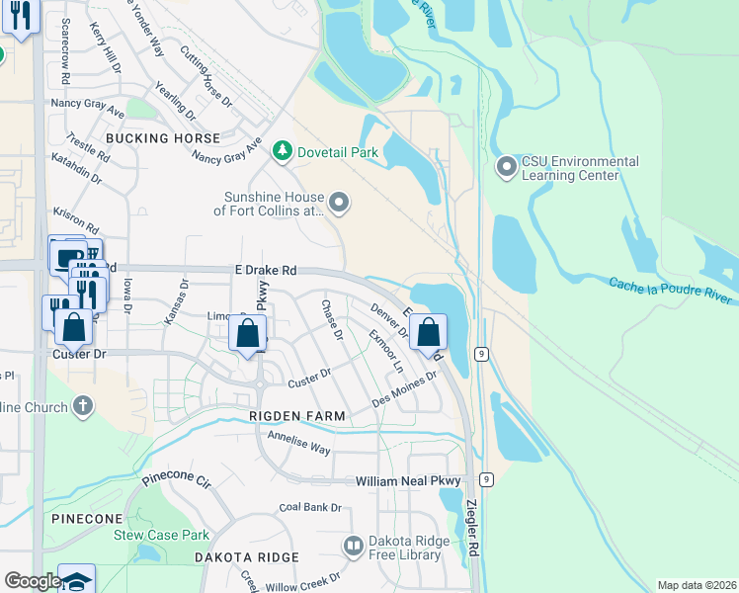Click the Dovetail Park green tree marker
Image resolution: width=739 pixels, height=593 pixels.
[284, 150]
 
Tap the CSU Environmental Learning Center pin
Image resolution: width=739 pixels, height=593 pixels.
[507, 167]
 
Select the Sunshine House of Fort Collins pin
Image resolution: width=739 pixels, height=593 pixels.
[339, 204]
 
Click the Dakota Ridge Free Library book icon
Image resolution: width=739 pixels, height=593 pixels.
[353, 546]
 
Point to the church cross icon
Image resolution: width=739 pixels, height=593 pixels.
[83, 406]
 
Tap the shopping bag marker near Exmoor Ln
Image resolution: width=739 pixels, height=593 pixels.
[428, 334]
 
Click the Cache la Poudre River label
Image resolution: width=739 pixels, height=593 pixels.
[671, 285]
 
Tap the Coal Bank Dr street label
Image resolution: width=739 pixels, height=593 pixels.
[309, 507]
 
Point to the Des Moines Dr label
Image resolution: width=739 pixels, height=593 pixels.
[405, 390]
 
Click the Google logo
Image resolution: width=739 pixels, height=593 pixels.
[32, 580]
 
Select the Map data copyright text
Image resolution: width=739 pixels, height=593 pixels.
[697, 584]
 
